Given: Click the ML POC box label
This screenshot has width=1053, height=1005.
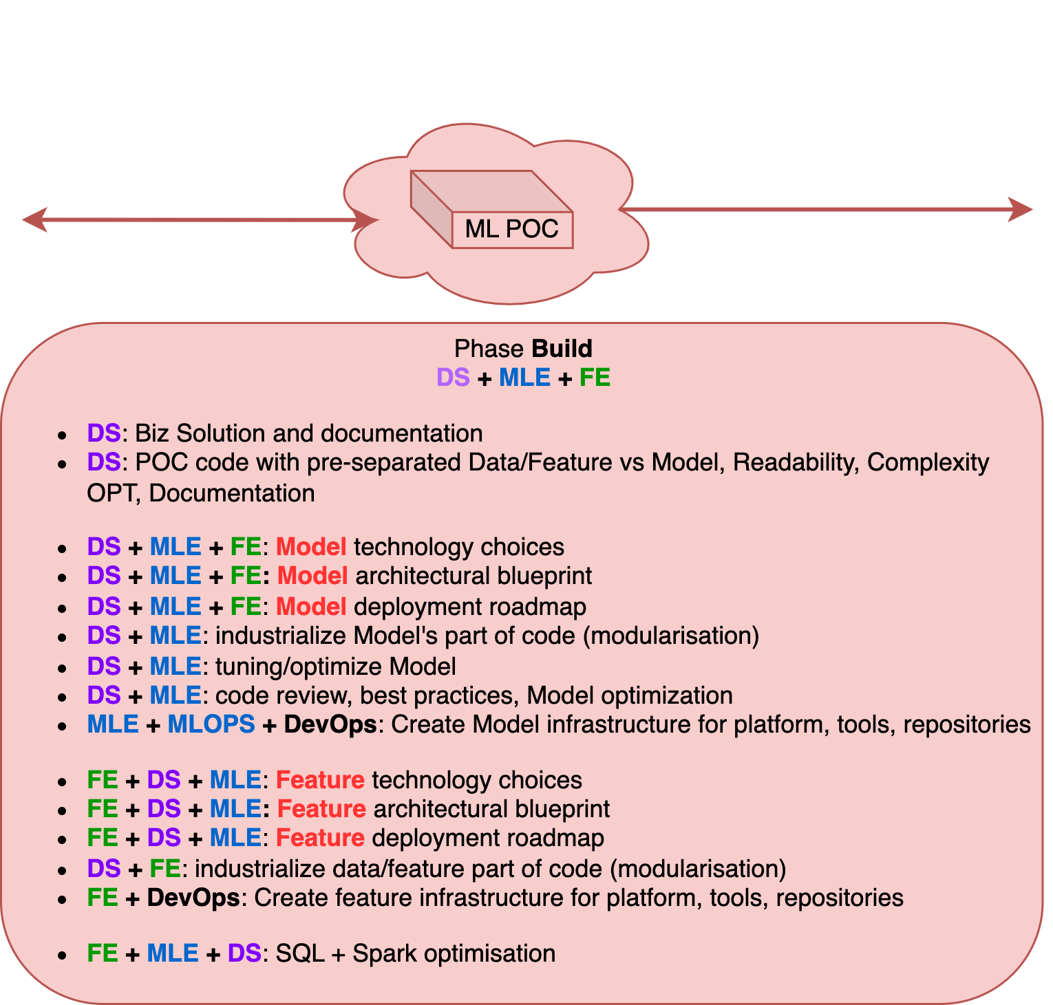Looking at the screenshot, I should click(511, 229).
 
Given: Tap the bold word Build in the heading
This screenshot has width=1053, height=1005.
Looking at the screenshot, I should click(562, 349).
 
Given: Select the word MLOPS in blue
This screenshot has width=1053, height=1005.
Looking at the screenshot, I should click(211, 724).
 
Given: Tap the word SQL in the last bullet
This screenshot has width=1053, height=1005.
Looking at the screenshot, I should click(300, 954).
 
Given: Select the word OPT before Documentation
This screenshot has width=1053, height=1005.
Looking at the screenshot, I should click(114, 493).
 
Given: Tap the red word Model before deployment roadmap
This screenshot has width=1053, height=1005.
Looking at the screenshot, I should click(311, 607).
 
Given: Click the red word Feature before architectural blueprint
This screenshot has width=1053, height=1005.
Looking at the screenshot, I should click(321, 809).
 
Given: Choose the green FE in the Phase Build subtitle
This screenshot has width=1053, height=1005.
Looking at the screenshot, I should click(595, 378).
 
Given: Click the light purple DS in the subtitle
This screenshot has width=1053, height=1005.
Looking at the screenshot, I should click(453, 378).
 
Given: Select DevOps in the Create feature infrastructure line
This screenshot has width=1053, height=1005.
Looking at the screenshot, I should click(193, 898).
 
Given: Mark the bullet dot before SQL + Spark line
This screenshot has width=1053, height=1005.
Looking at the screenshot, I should click(63, 955).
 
